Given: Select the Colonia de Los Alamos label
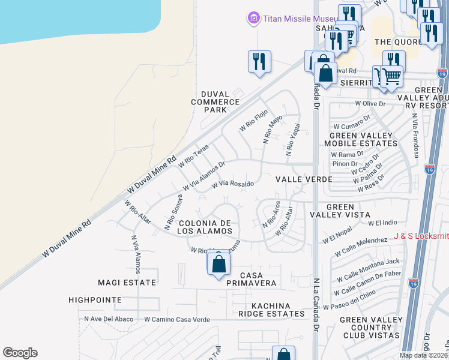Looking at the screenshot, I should click(x=205, y=227).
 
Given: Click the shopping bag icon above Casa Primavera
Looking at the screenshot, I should click(x=218, y=263).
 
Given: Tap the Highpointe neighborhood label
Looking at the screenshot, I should click(x=95, y=299).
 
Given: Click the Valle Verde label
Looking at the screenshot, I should click(x=304, y=179).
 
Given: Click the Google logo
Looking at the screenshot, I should click(x=20, y=353).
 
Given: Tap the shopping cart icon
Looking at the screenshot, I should click(x=391, y=77).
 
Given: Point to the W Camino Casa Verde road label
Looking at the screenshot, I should click(x=177, y=320).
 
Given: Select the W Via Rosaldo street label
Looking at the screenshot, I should click(x=233, y=184).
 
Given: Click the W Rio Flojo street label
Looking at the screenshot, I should click(x=253, y=121).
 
